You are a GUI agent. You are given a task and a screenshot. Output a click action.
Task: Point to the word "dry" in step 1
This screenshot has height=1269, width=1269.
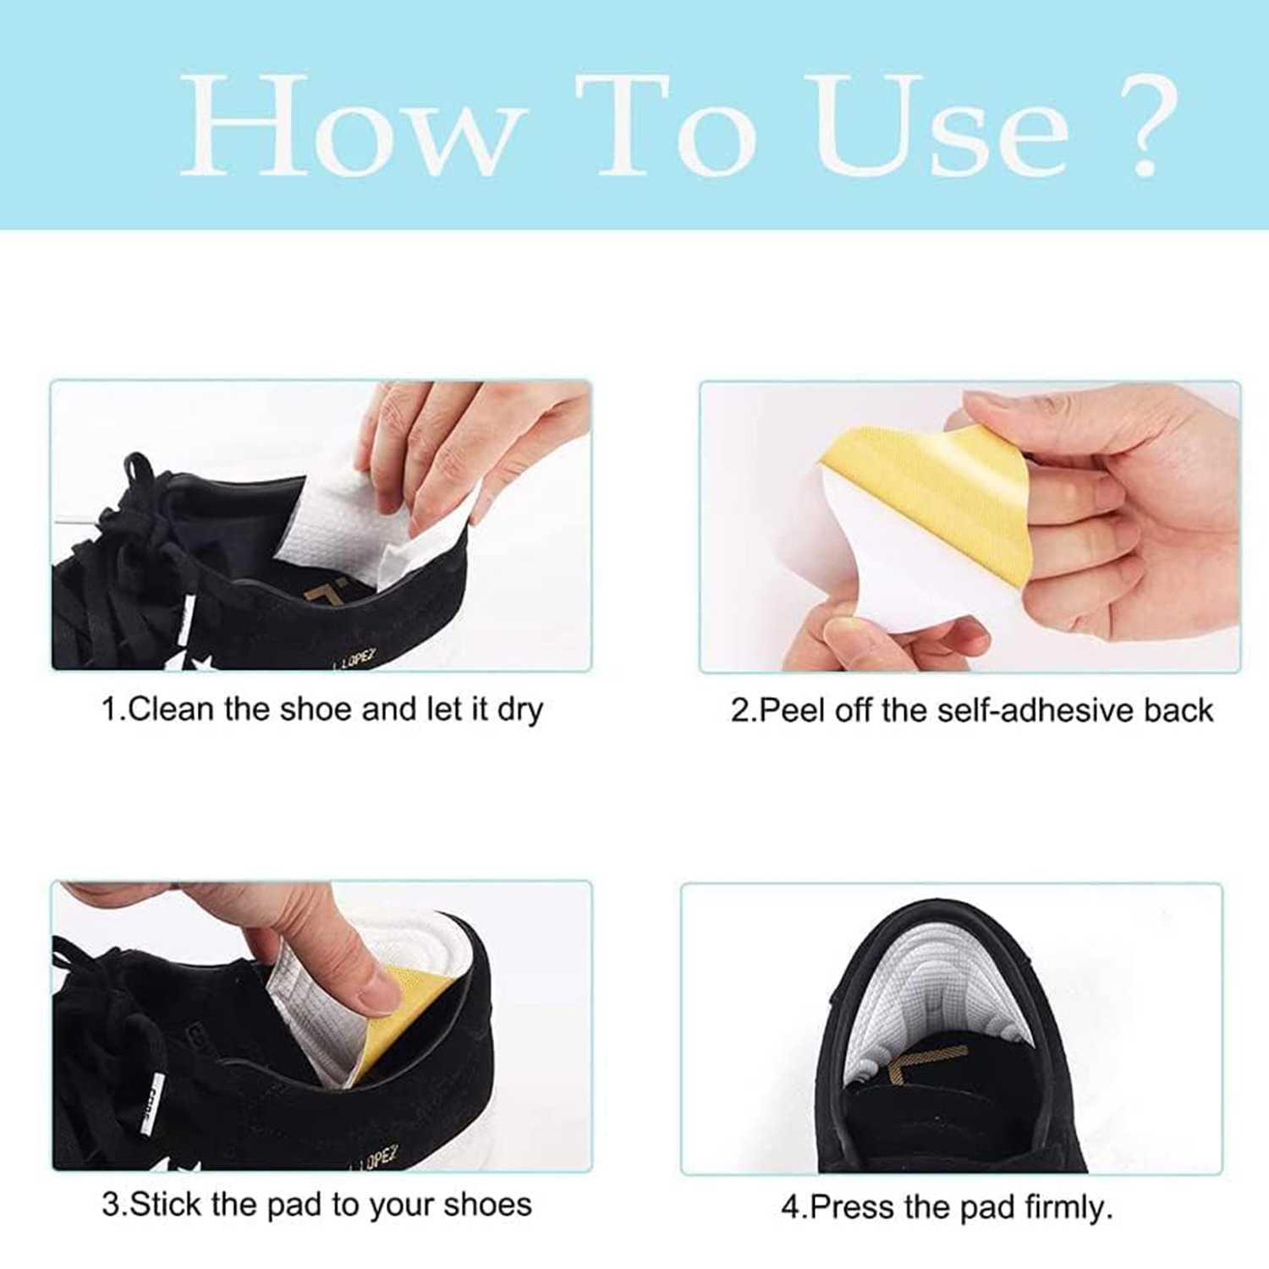tap(519, 711)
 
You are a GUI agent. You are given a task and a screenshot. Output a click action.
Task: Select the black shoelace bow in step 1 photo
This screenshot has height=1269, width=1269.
tap(127, 541)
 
